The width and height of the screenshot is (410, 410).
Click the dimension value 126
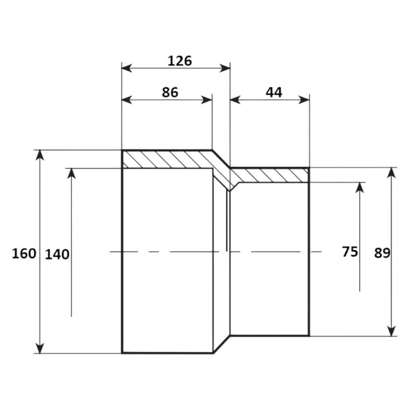(x=180, y=61)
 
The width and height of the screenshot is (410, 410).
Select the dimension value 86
(x=170, y=92)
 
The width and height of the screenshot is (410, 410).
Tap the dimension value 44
(x=274, y=92)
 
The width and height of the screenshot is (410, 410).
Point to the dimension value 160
(x=24, y=254)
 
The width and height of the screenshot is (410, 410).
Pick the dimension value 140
(x=57, y=254)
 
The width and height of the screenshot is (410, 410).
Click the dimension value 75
(x=350, y=251)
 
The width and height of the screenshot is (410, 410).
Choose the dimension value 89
(x=382, y=253)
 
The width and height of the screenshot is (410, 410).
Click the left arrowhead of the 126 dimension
(x=127, y=68)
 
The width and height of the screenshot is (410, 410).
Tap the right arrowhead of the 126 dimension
(x=225, y=68)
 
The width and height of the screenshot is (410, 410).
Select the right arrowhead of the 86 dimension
(x=207, y=100)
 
